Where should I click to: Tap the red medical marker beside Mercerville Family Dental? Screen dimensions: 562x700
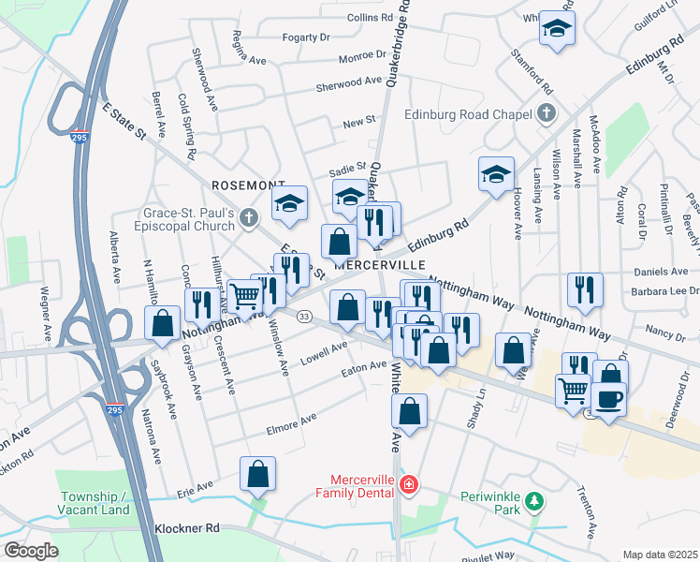[x=408, y=484]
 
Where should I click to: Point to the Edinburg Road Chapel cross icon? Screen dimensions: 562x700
[x=547, y=114]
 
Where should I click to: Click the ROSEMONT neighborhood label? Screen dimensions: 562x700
[x=248, y=185]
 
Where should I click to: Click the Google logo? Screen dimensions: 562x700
[x=31, y=550]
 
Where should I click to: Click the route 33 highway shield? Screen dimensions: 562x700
[x=304, y=318]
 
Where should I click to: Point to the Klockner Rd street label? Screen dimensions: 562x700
[x=187, y=528]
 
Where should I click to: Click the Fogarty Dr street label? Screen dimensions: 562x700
[x=307, y=37]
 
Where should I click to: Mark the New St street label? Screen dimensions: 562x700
[x=358, y=122]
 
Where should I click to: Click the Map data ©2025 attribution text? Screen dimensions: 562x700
[x=660, y=555]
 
